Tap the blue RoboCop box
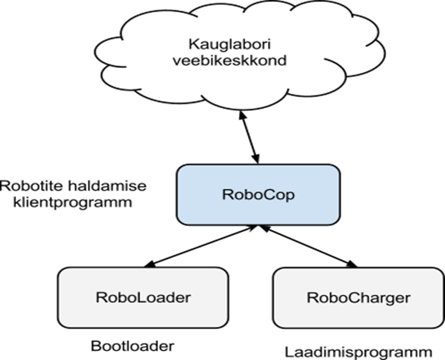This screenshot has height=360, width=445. pyautogui.click(x=258, y=194)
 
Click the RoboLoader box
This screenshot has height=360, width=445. pyautogui.click(x=142, y=297)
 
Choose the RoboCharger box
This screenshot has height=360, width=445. pyautogui.click(x=358, y=297)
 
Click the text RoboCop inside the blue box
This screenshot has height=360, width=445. pyautogui.click(x=258, y=194)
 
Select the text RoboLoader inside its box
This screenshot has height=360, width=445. pyautogui.click(x=142, y=297)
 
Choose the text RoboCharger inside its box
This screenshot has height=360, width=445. pyautogui.click(x=358, y=297)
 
